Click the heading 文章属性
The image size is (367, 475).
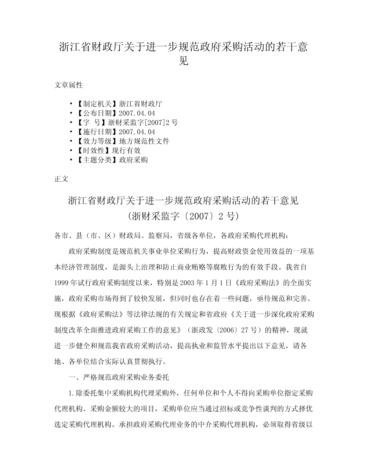tap(68, 85)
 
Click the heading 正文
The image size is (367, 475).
tap(61, 179)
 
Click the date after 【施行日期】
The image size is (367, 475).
tap(137, 132)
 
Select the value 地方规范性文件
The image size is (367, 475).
tap(144, 141)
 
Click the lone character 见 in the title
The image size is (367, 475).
tap(183, 61)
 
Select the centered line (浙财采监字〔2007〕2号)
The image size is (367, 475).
tap(183, 216)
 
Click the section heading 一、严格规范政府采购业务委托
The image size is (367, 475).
tap(119, 377)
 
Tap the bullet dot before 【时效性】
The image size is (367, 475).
tap(71, 151)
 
